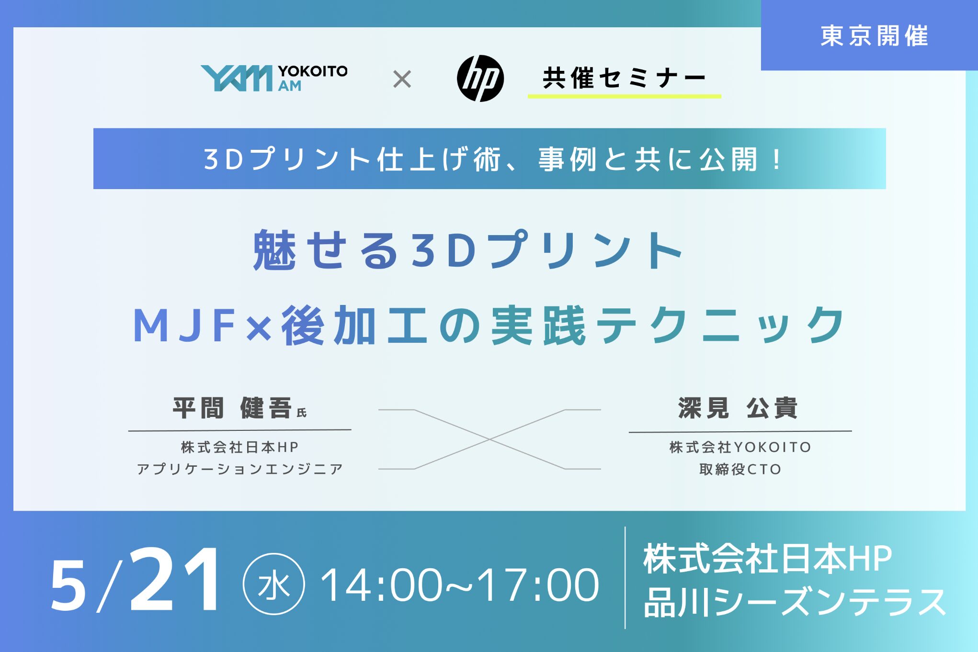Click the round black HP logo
[x=480, y=79]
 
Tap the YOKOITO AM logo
[x=274, y=78]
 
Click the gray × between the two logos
[x=402, y=79]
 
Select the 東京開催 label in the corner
[x=874, y=36]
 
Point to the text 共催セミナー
[x=624, y=78]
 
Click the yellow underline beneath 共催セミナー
[x=624, y=96]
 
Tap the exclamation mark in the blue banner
[x=776, y=159]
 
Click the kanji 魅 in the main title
[x=274, y=249]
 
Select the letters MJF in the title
[x=185, y=326]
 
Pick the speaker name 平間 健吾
[x=232, y=408]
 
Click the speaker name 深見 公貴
[x=738, y=408]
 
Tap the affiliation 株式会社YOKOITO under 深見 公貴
[x=740, y=447]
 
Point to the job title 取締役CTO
[x=740, y=469]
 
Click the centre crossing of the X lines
[x=489, y=439]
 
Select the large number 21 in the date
[x=174, y=580]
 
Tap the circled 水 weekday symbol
[x=274, y=584]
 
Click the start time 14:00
[x=381, y=585]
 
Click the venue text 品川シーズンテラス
[x=795, y=602]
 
